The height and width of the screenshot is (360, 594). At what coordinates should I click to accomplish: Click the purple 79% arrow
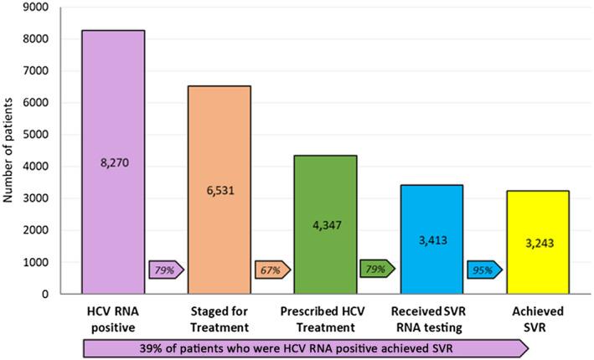(x=166, y=270)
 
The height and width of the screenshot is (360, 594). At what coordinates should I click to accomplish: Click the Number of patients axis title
(x=10, y=150)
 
